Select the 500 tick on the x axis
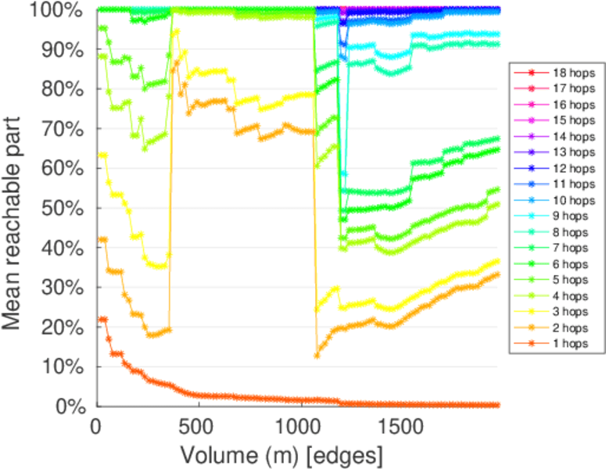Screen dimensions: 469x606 tap(199, 428)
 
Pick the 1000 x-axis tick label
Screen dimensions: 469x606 tap(301, 428)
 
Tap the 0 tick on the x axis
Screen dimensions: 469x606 tap(96, 428)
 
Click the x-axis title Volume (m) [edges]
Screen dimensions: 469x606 tap(281, 454)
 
